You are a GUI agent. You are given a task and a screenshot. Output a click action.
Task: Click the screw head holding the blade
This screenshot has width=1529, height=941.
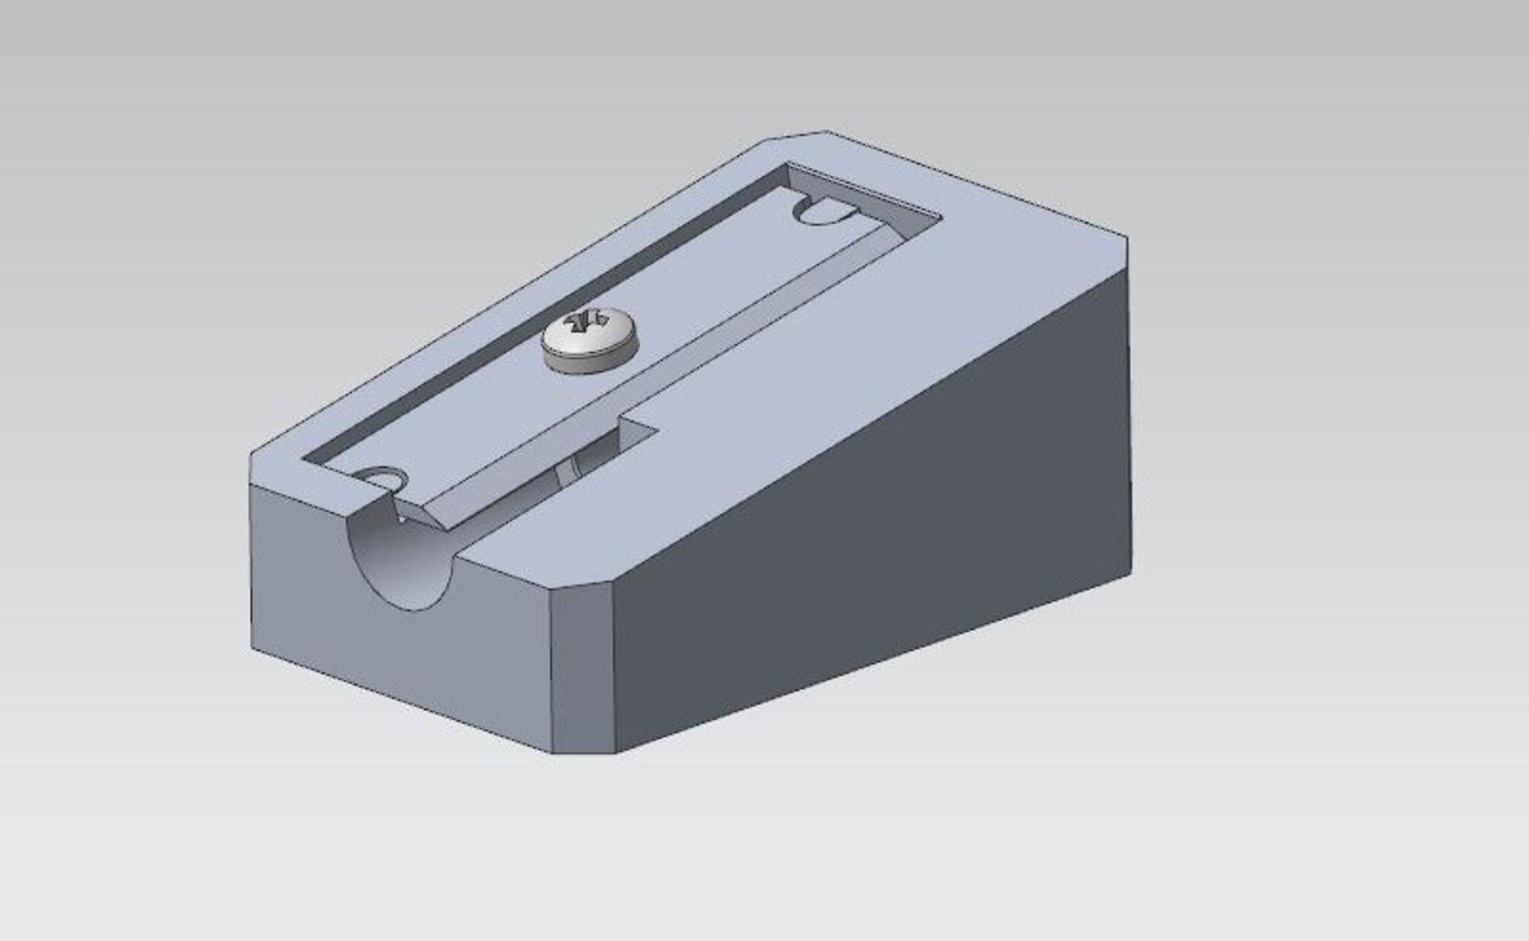591,341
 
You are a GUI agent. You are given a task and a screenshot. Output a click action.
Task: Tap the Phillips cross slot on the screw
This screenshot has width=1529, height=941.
585,323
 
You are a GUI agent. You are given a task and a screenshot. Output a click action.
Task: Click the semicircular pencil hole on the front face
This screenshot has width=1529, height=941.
402,558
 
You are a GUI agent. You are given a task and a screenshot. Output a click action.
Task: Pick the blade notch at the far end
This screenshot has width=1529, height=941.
823,212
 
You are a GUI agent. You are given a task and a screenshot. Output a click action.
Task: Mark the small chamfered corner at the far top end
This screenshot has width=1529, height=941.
797,136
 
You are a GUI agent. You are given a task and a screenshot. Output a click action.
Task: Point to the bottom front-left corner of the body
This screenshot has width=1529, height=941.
253,649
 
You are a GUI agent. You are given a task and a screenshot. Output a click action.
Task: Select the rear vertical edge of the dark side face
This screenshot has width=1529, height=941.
1130,410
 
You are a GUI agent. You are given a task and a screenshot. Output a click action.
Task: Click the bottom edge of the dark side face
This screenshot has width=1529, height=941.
871,662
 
